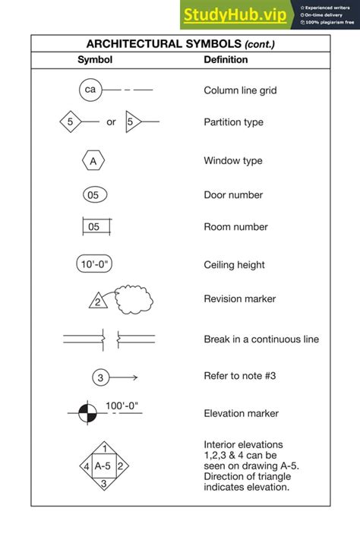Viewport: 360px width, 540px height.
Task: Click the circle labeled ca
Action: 90,90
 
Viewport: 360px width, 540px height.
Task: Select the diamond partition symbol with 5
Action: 70,122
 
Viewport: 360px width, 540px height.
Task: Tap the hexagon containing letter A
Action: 93,161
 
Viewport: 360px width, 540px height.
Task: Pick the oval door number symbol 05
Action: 93,195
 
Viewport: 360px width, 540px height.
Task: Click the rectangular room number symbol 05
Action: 94,226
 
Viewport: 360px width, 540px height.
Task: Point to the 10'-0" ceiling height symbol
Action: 94,264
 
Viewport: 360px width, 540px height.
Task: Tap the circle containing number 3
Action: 100,377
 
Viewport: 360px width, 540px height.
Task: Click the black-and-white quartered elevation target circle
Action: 88,413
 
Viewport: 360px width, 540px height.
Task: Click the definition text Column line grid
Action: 240,90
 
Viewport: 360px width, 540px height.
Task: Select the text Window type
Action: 233,161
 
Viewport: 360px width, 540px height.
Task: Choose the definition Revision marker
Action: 239,299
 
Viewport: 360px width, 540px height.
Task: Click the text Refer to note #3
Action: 244,375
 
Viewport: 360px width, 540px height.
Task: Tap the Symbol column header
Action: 95,60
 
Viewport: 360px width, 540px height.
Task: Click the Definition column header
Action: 226,60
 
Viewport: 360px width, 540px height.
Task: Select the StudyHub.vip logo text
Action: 235,14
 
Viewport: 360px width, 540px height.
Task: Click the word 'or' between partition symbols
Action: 111,122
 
